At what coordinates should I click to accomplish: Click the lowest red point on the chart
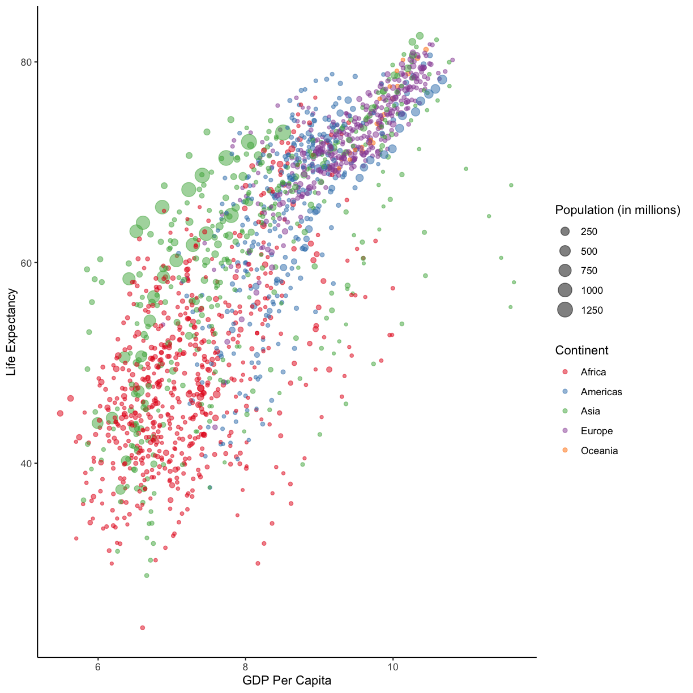[143, 627]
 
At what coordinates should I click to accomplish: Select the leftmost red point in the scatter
[60, 413]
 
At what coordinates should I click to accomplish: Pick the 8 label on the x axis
[246, 666]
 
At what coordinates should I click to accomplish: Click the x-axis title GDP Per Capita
[286, 680]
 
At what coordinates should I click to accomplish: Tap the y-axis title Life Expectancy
[11, 332]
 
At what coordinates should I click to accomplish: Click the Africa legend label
[593, 372]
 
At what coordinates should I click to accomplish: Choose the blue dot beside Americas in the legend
[564, 392]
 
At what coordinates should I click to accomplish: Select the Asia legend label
[590, 411]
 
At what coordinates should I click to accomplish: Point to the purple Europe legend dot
[564, 431]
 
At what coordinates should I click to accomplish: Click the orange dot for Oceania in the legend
[564, 451]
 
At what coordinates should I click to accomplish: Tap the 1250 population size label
[592, 310]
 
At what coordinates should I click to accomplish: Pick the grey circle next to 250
[564, 232]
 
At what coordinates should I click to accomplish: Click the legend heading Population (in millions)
[617, 210]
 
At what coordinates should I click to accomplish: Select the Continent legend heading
[581, 350]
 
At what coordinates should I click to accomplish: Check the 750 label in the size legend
[589, 271]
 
